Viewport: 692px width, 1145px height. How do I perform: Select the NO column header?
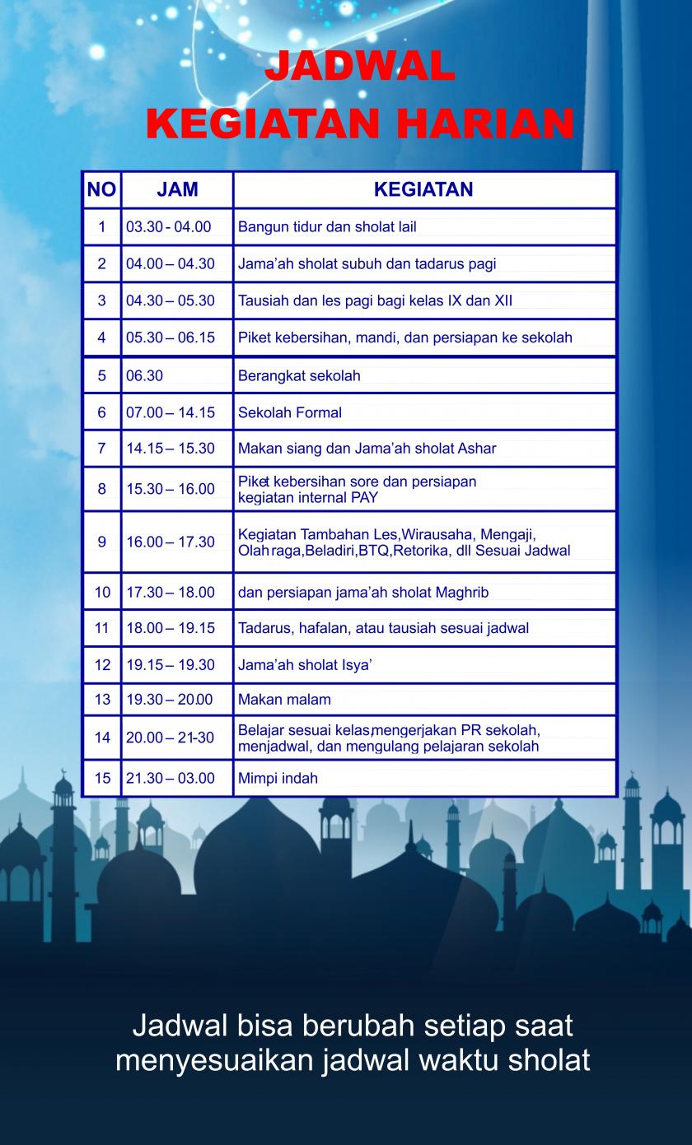tap(101, 189)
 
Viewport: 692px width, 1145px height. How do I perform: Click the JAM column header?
tap(177, 189)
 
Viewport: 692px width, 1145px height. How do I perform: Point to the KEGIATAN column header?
tap(423, 189)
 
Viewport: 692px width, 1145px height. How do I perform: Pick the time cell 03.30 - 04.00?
tap(169, 227)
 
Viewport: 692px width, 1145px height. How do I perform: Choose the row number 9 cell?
tap(101, 542)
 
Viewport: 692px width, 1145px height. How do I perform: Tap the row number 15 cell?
tap(101, 779)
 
